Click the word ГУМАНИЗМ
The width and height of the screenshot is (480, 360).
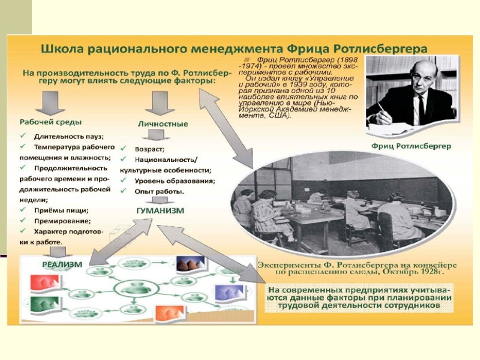(161, 211)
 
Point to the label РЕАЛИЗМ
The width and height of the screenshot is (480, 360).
(62, 263)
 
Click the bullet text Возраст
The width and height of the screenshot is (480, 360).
(151, 148)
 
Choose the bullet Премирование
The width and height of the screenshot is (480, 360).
(62, 221)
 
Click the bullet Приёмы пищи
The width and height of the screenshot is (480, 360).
(62, 210)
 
